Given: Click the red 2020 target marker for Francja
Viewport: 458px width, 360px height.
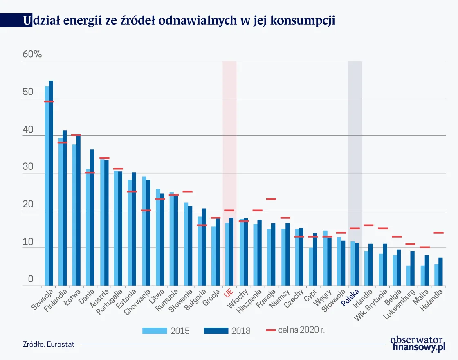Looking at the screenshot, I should (271, 199).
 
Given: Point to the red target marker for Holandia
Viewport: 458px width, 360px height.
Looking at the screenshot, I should (438, 233).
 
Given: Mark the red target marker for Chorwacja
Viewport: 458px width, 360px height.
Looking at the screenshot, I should (146, 211).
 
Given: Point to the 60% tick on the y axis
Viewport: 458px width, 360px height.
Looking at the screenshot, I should (32, 54).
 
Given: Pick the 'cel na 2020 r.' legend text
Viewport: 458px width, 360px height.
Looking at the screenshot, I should (301, 330).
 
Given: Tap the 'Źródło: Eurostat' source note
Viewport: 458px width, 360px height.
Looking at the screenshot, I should (49, 344).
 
